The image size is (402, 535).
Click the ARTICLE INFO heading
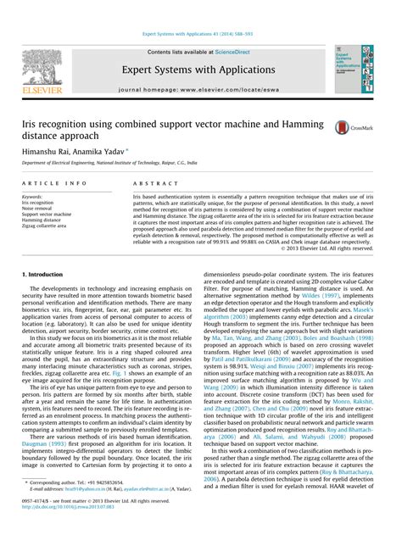click(x=55, y=182)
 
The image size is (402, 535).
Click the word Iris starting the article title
click(x=31, y=122)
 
